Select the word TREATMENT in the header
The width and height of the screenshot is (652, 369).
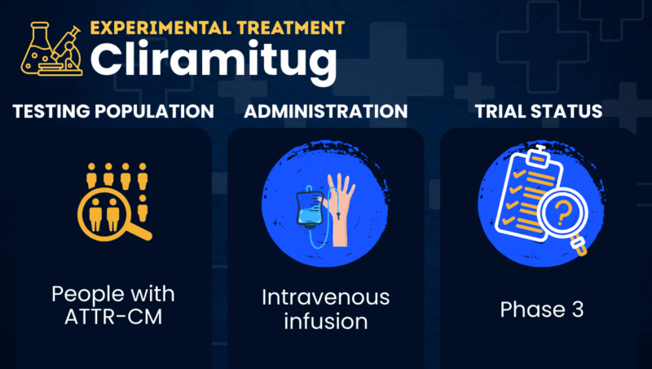click(x=291, y=28)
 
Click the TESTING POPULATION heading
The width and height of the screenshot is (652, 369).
click(x=113, y=112)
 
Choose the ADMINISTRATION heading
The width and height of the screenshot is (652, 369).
click(x=326, y=112)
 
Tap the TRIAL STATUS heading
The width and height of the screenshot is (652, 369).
click(x=539, y=112)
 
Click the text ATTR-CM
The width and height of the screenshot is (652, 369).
click(x=113, y=317)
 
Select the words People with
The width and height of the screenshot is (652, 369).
click(x=113, y=294)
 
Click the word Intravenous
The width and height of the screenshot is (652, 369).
click(x=326, y=297)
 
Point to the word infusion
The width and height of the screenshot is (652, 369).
click(x=326, y=321)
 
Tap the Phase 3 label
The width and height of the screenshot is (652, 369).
click(x=542, y=310)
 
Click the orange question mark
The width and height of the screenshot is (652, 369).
click(x=562, y=212)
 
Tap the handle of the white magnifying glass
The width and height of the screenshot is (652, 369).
click(x=579, y=244)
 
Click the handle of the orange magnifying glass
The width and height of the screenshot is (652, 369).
click(x=140, y=231)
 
